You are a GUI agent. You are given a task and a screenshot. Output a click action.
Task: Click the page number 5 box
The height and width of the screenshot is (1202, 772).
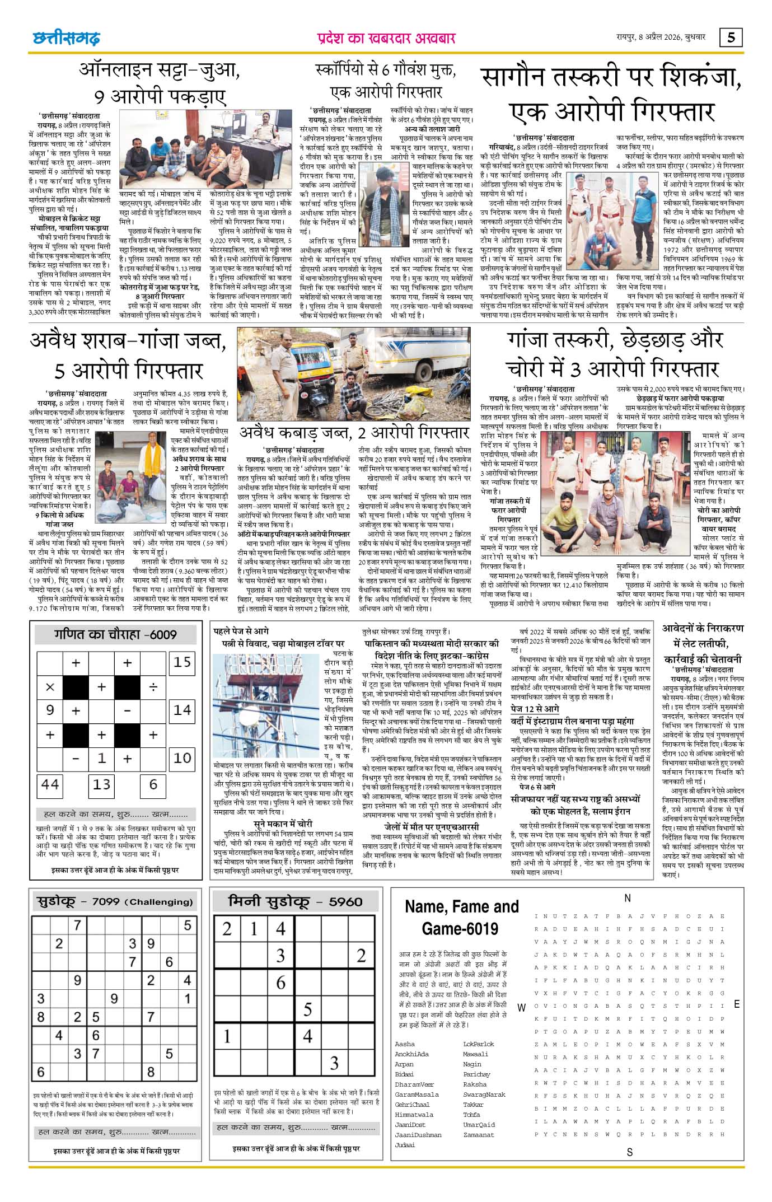point(732,38)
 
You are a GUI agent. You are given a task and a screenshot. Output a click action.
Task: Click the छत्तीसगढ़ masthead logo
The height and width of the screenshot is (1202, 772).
point(66,38)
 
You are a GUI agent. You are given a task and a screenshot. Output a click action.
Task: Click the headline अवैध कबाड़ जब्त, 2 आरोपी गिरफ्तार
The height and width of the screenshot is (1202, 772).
point(354,433)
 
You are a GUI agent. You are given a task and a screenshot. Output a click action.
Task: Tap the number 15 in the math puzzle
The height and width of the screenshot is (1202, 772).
point(182,662)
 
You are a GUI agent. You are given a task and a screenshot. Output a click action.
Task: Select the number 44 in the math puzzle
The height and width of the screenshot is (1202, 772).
point(50,784)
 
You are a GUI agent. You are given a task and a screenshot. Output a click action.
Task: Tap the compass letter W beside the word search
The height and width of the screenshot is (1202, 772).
point(521,1007)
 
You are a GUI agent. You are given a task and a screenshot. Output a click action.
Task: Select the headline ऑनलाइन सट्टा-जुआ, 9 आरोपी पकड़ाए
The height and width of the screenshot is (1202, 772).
point(160,82)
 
